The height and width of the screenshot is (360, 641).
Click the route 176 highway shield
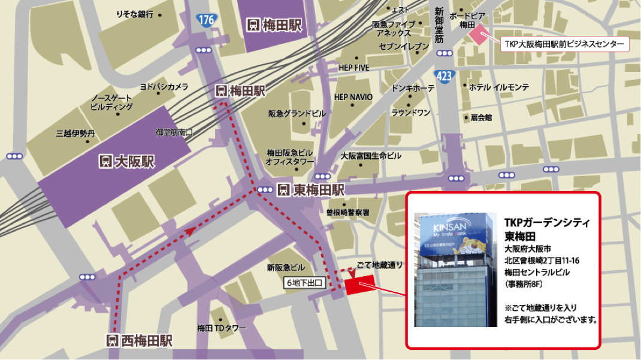pyautogui.click(x=205, y=20)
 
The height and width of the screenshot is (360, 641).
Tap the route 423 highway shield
pyautogui.click(x=444, y=76)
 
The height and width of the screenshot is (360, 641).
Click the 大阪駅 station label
pyautogui.click(x=126, y=161)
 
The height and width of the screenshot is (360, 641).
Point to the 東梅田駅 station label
pyautogui.click(x=311, y=190)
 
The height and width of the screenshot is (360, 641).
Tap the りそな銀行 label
pyautogui.click(x=135, y=14)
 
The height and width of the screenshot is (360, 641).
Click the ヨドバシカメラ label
pyautogui.click(x=164, y=87)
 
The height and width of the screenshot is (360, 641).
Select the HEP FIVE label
pyautogui.click(x=354, y=68)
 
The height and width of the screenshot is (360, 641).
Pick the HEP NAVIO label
pyautogui.click(x=353, y=97)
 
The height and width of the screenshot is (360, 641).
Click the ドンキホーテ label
pyautogui.click(x=413, y=88)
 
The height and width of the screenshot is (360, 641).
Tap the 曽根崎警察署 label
pyautogui.click(x=348, y=212)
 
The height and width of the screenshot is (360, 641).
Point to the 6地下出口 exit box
pyautogui.click(x=304, y=283)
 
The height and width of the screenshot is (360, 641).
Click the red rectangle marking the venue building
pyautogui.click(x=359, y=284)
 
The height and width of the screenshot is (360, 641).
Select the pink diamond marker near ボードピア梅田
pyautogui.click(x=479, y=34)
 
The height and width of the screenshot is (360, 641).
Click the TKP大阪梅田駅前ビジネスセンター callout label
pyautogui.click(x=564, y=44)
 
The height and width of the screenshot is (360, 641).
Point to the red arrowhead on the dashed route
pyautogui.click(x=190, y=231)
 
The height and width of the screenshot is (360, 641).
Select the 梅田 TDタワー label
pyautogui.click(x=222, y=328)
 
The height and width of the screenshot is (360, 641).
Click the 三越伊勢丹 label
pyautogui.click(x=75, y=134)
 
